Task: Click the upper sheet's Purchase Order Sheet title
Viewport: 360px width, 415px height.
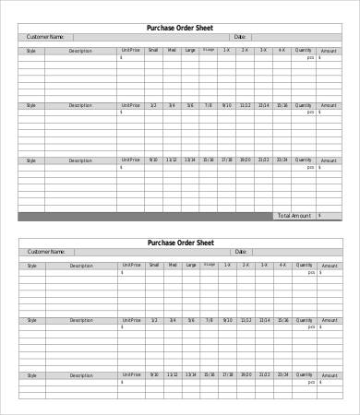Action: [x=180, y=27]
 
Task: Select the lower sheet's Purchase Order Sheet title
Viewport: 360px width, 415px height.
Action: [x=180, y=243]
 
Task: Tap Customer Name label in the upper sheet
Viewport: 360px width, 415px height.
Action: [x=45, y=37]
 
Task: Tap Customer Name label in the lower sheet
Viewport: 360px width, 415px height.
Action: [x=45, y=252]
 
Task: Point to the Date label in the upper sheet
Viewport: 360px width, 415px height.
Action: [x=240, y=37]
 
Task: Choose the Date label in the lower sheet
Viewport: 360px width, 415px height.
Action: [x=240, y=252]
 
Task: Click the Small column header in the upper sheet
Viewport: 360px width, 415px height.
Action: [x=152, y=51]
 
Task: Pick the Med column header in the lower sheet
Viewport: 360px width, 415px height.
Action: [x=172, y=266]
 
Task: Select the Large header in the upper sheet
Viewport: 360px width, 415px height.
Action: [x=190, y=51]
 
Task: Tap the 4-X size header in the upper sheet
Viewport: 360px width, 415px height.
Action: [x=281, y=51]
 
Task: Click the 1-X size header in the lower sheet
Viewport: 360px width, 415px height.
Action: [x=227, y=266]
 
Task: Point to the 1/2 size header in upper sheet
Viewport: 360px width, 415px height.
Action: [x=152, y=105]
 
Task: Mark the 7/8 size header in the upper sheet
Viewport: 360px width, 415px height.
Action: [x=209, y=105]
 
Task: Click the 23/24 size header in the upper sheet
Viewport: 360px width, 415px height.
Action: [x=281, y=160]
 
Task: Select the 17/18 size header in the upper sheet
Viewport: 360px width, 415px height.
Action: [x=227, y=160]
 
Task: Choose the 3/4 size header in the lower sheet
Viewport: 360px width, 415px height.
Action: [x=172, y=320]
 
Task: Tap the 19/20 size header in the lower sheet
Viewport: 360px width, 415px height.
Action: [x=245, y=375]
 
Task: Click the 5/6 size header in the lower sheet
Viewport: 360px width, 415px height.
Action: [x=190, y=320]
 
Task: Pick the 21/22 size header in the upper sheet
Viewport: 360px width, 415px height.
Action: [x=263, y=160]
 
